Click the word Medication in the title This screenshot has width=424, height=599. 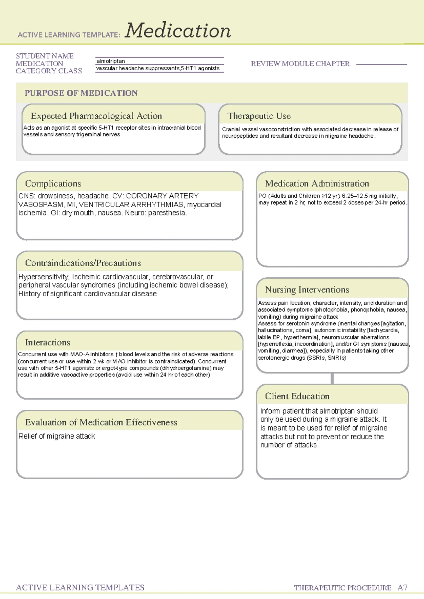pyautogui.click(x=178, y=31)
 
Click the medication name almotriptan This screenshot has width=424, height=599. pyautogui.click(x=111, y=61)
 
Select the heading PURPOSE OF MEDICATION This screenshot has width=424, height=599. pyautogui.click(x=81, y=93)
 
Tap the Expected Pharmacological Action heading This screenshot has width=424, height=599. pyautogui.click(x=96, y=116)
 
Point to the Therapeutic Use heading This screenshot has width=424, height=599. pyautogui.click(x=259, y=116)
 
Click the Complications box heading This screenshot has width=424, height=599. pyautogui.click(x=53, y=184)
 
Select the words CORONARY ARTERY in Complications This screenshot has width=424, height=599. pyautogui.click(x=162, y=196)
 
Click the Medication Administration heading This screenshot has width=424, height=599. pyautogui.click(x=317, y=184)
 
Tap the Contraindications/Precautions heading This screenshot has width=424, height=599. pyautogui.click(x=83, y=263)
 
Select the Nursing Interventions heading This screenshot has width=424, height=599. pyautogui.click(x=307, y=290)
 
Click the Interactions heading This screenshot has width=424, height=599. pyautogui.click(x=48, y=343)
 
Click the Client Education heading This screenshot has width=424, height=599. pyautogui.click(x=297, y=396)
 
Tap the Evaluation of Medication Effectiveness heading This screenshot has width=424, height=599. pyautogui.click(x=101, y=422)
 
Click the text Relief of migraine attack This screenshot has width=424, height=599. pyautogui.click(x=57, y=437)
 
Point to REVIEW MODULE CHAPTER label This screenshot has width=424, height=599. pyautogui.click(x=300, y=64)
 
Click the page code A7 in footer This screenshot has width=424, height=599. pyautogui.click(x=402, y=588)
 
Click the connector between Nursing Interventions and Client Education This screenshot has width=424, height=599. pyautogui.click(x=332, y=379)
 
